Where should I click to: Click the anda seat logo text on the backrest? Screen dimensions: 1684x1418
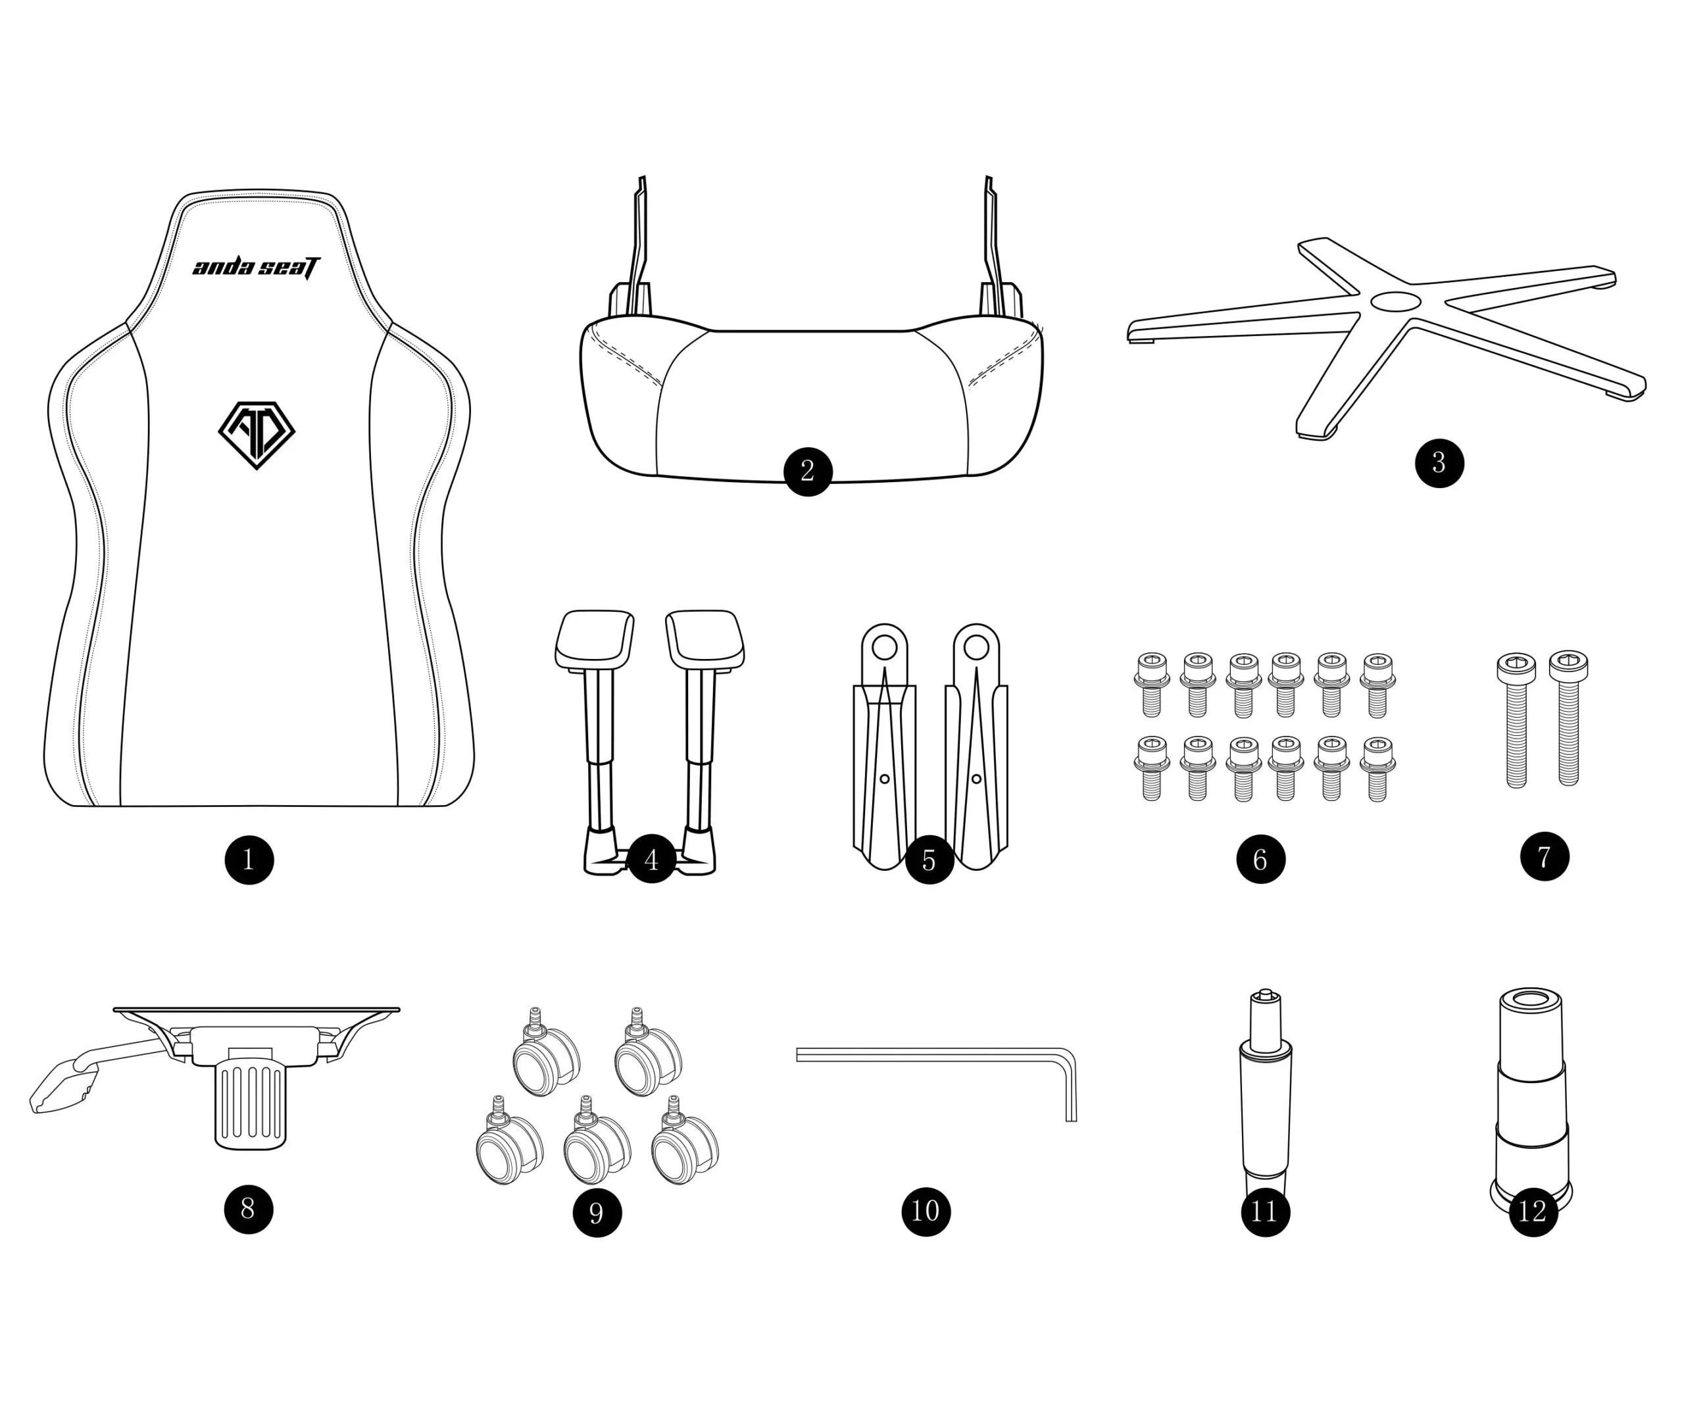pos(256,268)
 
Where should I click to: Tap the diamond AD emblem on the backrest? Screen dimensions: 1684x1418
pos(257,435)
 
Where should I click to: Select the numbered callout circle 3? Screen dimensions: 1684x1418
pos(1439,463)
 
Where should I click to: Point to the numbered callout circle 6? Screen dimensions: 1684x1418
pos(1260,860)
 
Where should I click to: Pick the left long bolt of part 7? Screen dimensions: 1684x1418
pos(1516,720)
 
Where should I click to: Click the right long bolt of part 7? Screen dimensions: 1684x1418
pos(1568,718)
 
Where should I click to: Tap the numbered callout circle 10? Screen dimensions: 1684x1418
pos(925,1211)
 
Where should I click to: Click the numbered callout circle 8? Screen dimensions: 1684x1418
pos(249,1208)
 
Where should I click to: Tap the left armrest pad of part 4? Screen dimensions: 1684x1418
pos(595,639)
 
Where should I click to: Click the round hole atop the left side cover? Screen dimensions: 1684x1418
pos(884,647)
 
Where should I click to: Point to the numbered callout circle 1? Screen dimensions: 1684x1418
pos(249,860)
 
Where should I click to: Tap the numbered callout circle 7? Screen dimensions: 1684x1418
pos(1544,856)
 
